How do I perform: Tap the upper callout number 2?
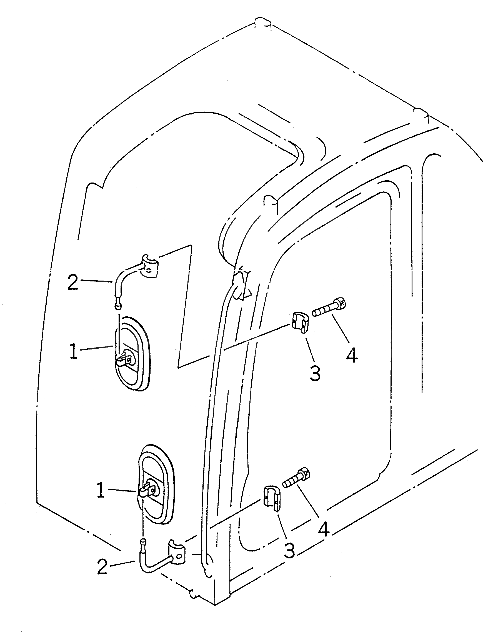coord(72,282)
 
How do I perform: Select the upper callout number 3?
coord(316,374)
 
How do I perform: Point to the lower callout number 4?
coord(324,529)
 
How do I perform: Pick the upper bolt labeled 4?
coord(329,308)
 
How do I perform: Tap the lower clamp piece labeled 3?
coord(271,498)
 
